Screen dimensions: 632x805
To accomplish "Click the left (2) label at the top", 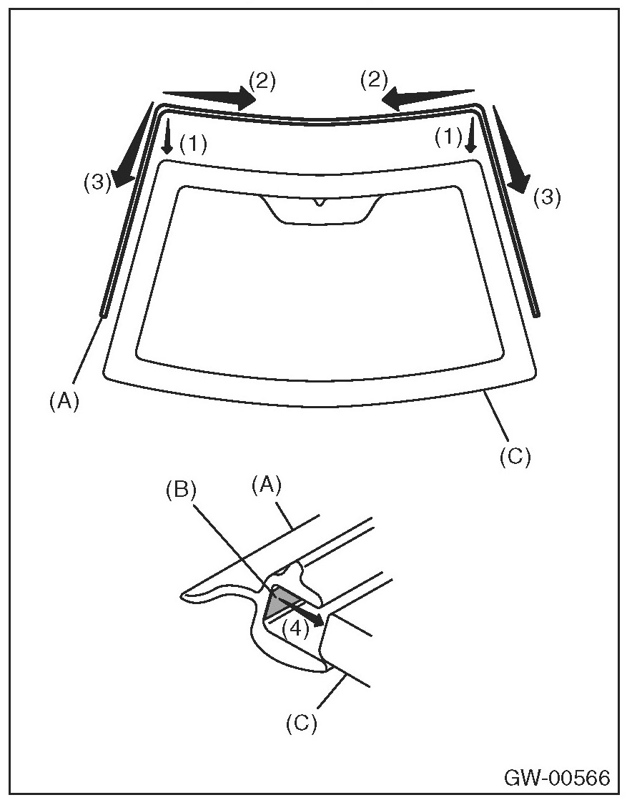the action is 262,80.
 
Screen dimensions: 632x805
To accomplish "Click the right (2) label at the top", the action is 373,80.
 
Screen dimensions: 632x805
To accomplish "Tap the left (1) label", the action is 193,144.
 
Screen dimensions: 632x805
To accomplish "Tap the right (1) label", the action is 449,137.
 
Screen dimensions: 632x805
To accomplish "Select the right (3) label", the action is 547,197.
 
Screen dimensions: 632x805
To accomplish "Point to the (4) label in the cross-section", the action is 294,628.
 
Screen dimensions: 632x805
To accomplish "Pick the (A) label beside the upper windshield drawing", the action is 64,402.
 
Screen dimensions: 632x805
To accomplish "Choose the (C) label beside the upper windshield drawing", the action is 515,455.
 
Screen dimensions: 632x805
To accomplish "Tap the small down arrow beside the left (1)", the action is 167,136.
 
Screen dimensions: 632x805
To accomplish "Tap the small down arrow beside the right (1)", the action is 470,136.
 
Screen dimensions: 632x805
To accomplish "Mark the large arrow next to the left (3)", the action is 136,146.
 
